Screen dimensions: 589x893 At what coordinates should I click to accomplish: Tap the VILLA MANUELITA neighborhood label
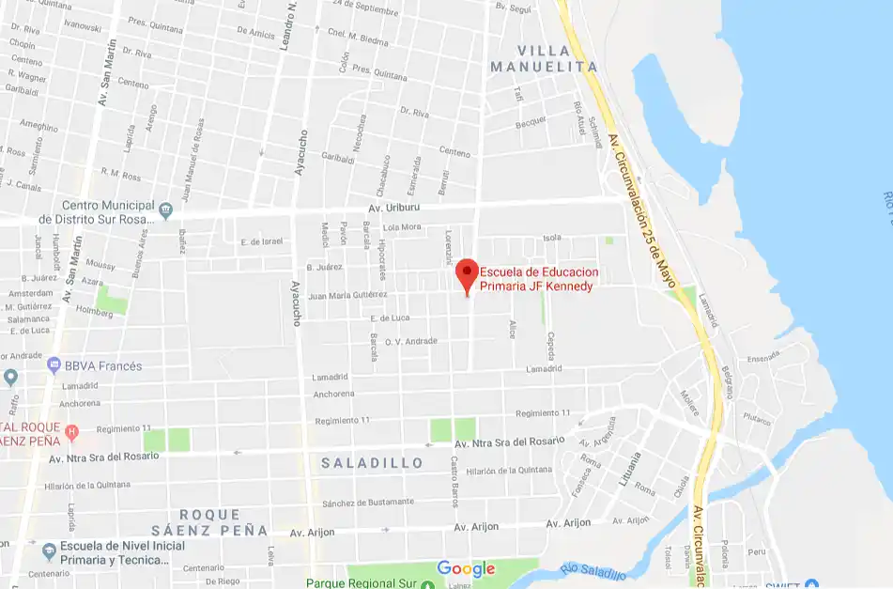(544, 57)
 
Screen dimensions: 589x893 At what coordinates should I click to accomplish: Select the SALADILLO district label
(366, 463)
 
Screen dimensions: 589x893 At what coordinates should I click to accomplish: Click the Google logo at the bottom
(466, 568)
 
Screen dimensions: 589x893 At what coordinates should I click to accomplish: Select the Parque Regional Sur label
(361, 582)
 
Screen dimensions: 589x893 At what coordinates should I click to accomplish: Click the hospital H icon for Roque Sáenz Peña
(71, 432)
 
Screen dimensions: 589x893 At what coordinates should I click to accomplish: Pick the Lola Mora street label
(403, 227)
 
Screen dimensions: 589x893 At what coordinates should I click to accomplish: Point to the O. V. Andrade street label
(411, 341)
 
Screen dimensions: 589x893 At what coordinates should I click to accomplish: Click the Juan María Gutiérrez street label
(348, 295)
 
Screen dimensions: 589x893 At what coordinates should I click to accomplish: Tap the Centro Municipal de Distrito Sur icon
(166, 208)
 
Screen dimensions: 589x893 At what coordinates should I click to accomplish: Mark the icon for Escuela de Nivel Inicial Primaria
(48, 549)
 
